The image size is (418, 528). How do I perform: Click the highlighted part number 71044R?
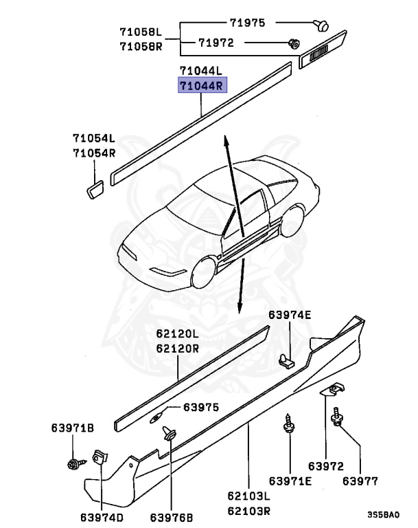[x=202, y=86]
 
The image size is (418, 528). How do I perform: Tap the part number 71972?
[x=217, y=43]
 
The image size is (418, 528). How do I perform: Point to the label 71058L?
[x=141, y=32]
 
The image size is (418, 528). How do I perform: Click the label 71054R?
[x=94, y=153]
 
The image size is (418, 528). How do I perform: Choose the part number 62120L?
[x=177, y=334]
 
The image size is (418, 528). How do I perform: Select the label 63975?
[x=201, y=407]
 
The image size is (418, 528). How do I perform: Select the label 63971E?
[x=290, y=481]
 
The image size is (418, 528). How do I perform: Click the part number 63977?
[x=360, y=481]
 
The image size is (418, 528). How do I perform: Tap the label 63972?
[x=326, y=466]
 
